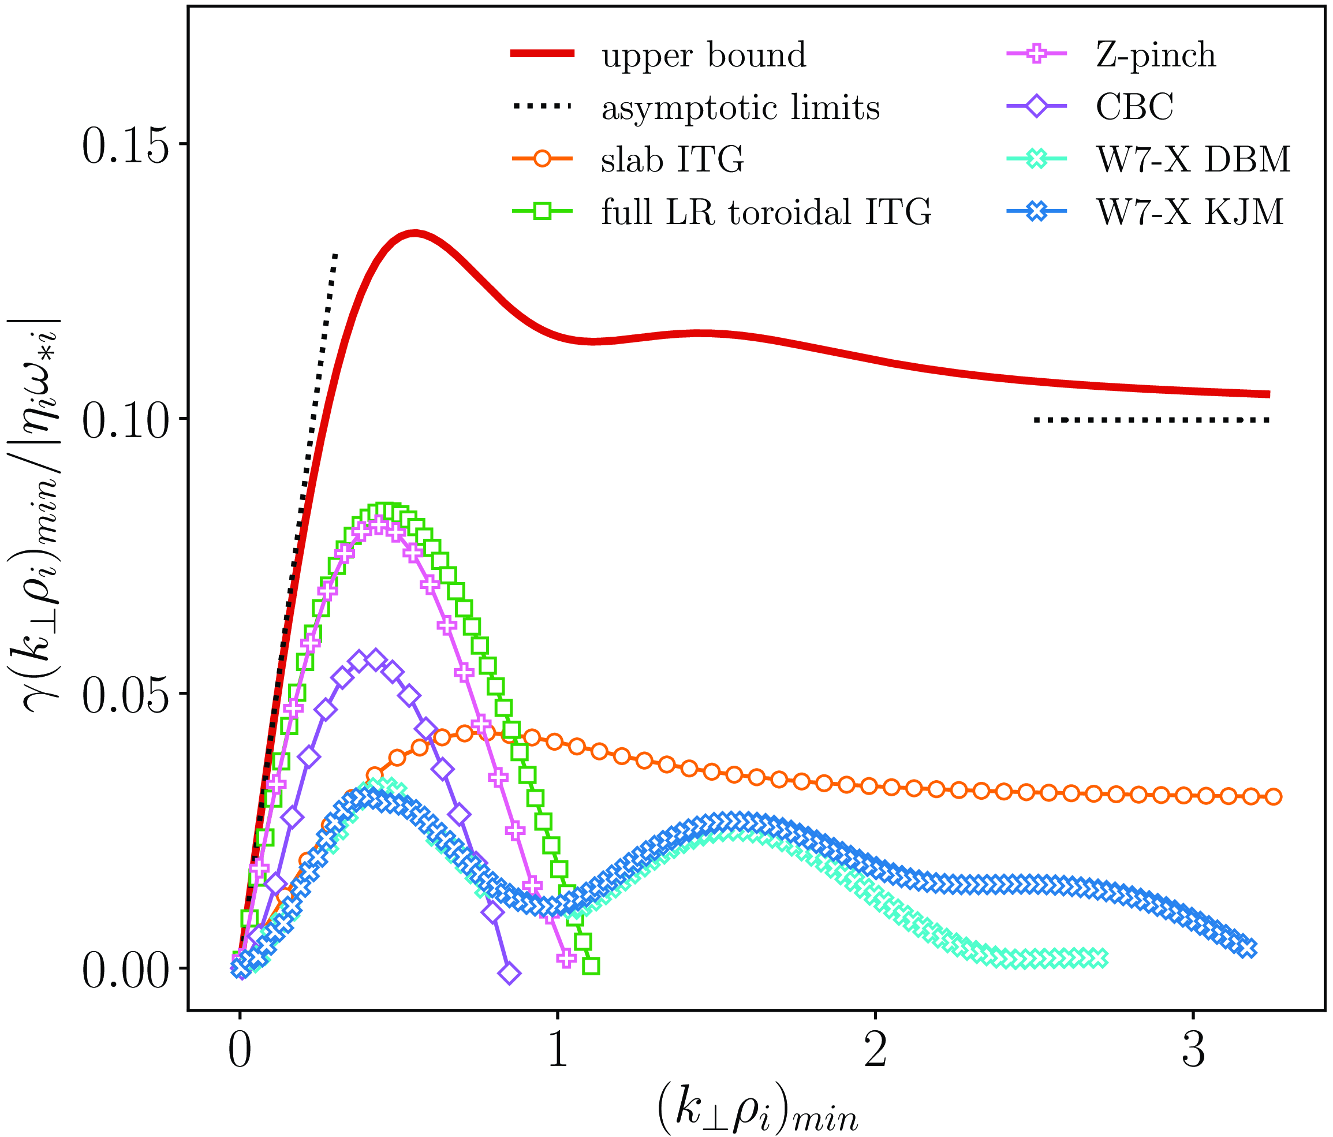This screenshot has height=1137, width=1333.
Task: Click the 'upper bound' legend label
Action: [703, 55]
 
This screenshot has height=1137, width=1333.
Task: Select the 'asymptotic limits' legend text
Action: [741, 107]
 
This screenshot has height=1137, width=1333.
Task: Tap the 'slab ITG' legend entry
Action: [673, 159]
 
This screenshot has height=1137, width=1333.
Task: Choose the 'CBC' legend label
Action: [1135, 107]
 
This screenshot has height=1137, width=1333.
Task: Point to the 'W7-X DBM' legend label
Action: [1193, 159]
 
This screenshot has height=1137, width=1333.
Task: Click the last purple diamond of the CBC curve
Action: [509, 974]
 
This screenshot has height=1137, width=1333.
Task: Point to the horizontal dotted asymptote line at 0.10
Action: [1152, 420]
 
